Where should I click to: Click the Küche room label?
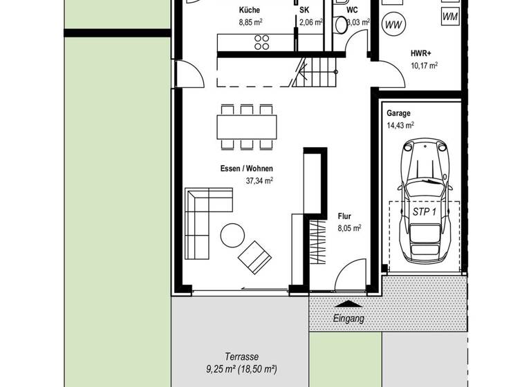click(x=250, y=10)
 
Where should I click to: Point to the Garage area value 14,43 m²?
click(x=401, y=126)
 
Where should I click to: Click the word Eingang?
click(x=348, y=319)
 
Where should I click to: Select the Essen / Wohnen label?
click(x=246, y=169)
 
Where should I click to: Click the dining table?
click(x=247, y=126)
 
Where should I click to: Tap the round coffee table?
click(x=232, y=236)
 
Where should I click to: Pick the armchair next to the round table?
click(x=254, y=256)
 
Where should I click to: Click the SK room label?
click(x=304, y=10)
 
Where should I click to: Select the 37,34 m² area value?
click(x=259, y=181)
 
